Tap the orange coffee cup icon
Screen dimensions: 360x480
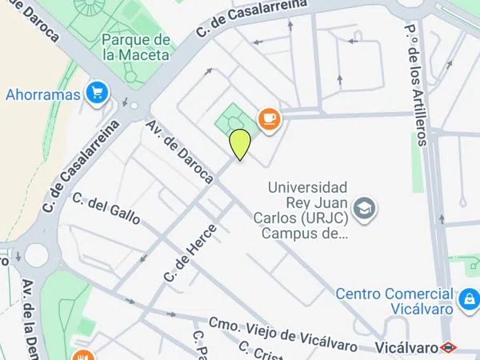click(269, 119)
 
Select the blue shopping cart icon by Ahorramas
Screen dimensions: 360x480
click(98, 94)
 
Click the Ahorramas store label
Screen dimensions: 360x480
click(43, 94)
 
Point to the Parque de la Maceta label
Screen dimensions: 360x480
click(136, 47)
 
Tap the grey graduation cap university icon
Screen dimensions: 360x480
click(366, 209)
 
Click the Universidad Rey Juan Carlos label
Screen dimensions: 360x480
click(306, 210)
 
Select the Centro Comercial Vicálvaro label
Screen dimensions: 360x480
click(394, 301)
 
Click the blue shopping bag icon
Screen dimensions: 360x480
click(468, 301)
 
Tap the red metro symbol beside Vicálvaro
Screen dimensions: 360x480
click(450, 347)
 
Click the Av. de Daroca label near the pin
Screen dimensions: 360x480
click(180, 150)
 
